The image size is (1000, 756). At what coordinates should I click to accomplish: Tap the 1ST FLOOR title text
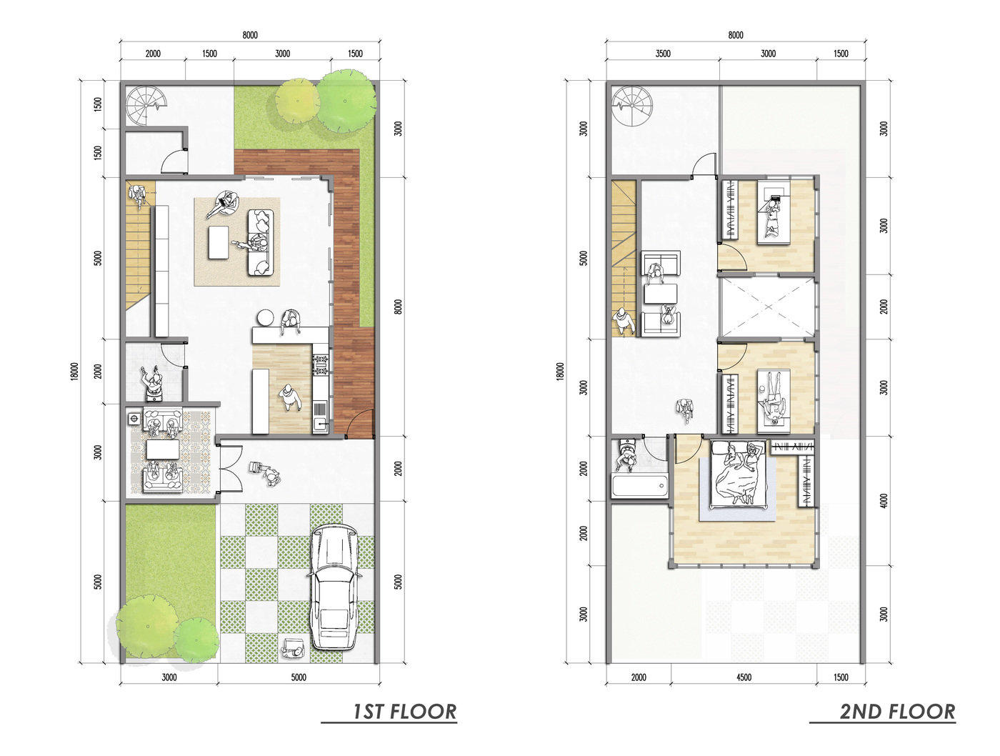404,712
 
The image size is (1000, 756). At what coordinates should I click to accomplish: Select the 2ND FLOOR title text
897,712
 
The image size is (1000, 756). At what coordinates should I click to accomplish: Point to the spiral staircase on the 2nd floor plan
632,106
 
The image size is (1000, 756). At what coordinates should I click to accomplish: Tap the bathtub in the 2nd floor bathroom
639,486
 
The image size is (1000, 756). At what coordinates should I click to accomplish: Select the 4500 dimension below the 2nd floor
744,677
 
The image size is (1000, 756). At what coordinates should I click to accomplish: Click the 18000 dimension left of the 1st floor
75,371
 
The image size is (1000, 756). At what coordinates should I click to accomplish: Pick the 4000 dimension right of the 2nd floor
884,502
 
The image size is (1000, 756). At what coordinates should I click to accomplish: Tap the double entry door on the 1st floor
230,469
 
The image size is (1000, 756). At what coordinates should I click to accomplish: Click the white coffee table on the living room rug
219,243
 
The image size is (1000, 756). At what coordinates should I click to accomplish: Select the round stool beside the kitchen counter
265,317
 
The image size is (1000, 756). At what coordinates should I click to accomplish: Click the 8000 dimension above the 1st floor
250,36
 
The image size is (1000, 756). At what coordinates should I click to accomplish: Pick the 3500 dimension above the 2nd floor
663,54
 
